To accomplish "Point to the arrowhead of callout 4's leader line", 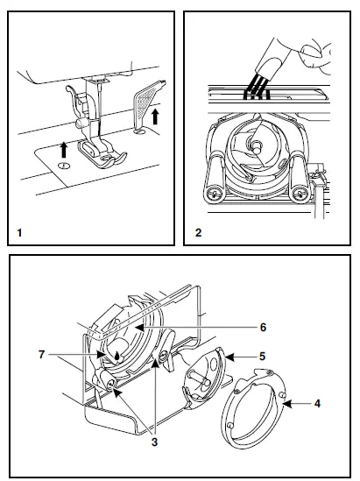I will click(285, 404).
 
